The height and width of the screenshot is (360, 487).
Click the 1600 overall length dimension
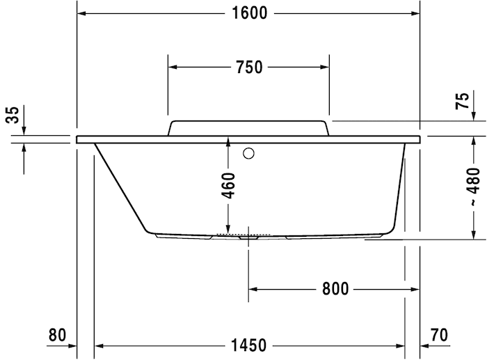click(249, 14)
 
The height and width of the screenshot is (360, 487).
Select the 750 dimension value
click(249, 67)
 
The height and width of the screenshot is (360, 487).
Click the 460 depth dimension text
click(229, 185)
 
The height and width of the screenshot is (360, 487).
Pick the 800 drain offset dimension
click(335, 288)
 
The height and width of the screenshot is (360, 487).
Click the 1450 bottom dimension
click(249, 344)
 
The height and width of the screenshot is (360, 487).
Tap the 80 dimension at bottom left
click(57, 335)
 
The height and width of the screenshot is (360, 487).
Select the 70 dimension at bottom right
click(439, 335)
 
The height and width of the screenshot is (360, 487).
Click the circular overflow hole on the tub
click(248, 153)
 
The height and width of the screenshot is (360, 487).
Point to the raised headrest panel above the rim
click(248, 127)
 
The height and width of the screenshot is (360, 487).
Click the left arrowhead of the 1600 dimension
click(81, 14)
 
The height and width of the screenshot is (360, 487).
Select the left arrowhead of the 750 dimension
click(173, 67)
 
